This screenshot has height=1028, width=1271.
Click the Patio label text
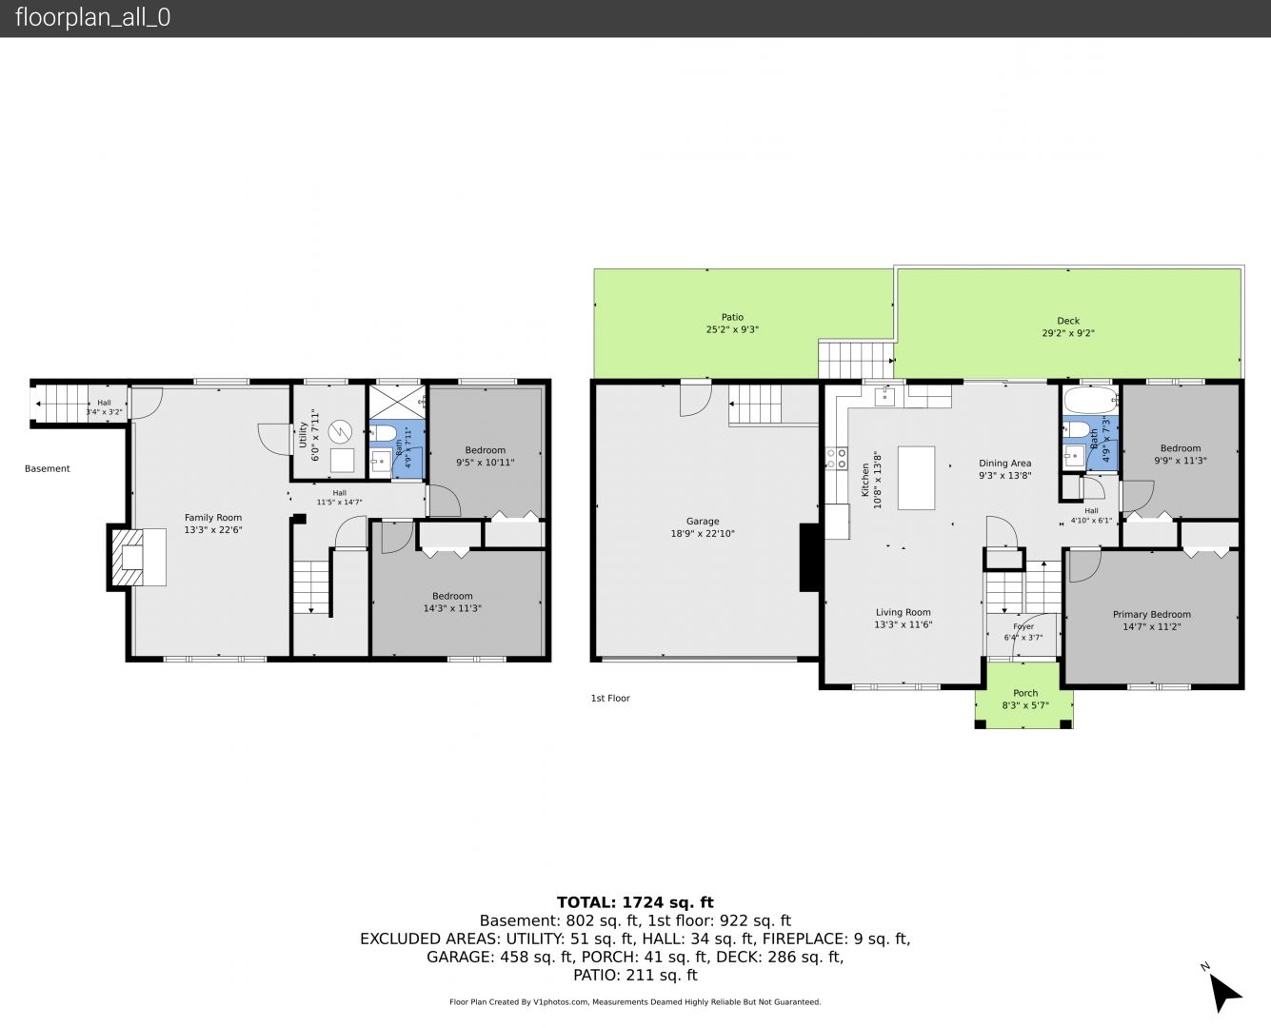coord(732,317)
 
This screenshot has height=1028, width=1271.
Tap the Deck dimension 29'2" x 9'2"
coord(1067,333)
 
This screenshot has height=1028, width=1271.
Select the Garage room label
coord(703,521)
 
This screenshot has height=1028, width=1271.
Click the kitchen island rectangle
coord(916,478)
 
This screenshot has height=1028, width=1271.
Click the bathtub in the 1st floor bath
coord(1090,399)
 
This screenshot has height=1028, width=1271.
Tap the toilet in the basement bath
coord(380,432)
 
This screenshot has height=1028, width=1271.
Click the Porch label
coord(1025,693)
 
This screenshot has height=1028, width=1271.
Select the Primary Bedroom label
coord(1151,614)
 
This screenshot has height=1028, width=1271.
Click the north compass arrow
coord(1224,994)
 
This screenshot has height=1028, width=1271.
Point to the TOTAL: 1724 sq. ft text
coord(635,902)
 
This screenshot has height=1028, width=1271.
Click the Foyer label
coord(1023,626)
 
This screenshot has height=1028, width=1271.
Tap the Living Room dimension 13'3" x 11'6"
coord(903,624)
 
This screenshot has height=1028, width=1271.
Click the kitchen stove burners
coord(836,458)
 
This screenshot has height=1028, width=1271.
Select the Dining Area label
coord(1004,463)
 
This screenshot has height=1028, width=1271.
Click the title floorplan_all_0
coord(92,17)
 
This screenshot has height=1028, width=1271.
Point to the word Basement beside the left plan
coord(48,468)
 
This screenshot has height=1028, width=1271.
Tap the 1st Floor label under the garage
coord(610,698)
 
